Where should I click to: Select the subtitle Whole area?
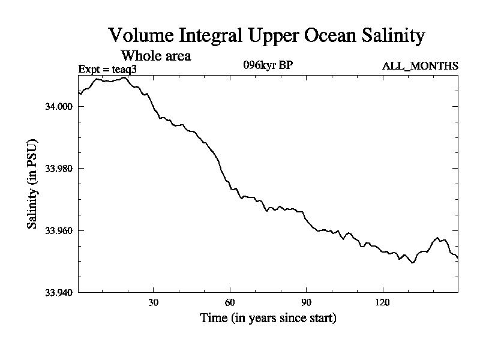(156, 56)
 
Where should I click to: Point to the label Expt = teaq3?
(112, 70)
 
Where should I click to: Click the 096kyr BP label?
(268, 65)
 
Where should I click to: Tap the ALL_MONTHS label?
(420, 66)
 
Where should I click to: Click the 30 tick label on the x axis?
(153, 302)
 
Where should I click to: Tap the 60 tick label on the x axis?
(230, 302)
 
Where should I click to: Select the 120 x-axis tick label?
(383, 302)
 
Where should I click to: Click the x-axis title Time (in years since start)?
(268, 318)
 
